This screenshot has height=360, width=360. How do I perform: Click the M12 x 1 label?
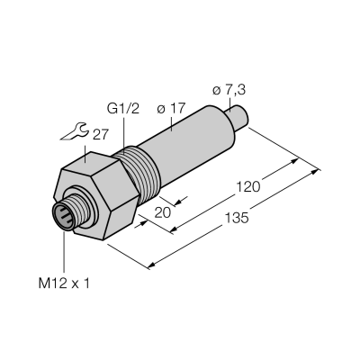click(x=64, y=283)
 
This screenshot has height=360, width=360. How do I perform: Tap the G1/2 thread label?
click(x=123, y=109)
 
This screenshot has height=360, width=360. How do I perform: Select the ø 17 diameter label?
click(x=171, y=109)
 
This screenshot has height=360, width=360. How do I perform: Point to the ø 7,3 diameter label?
click(x=229, y=90)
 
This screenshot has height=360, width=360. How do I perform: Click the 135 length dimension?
click(x=237, y=218)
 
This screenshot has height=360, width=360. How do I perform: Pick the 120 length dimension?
click(x=248, y=187)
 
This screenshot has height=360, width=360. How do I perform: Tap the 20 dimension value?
click(x=162, y=212)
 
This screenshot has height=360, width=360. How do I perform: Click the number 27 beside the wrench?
click(x=100, y=135)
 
